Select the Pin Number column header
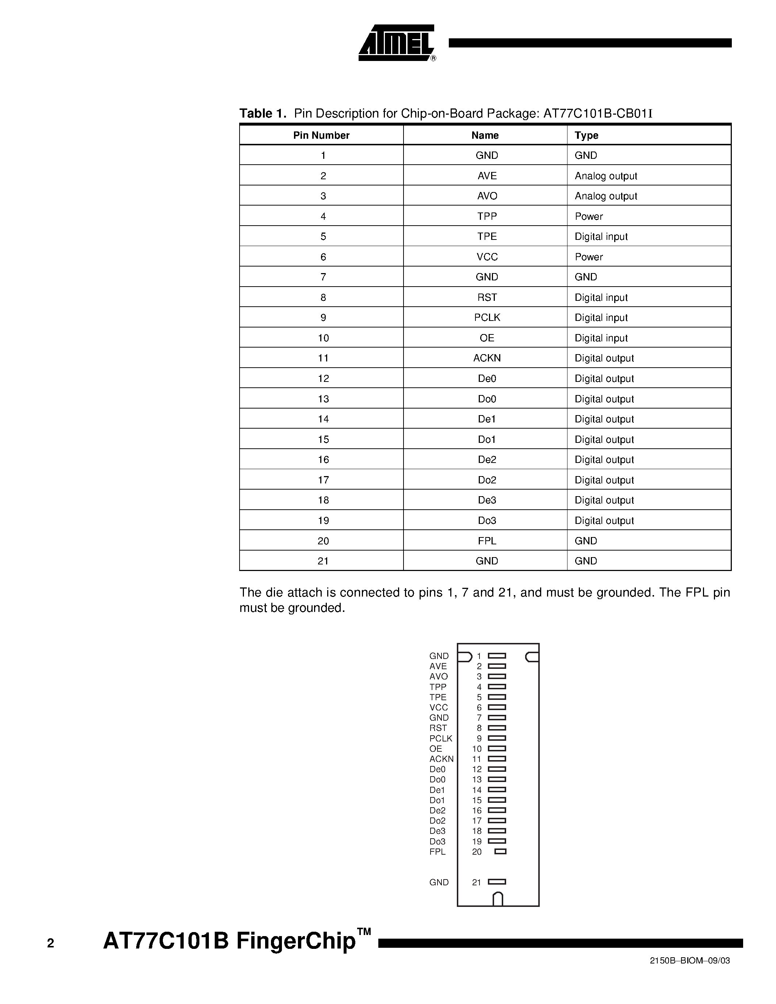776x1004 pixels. (x=321, y=135)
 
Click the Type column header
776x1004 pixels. (x=586, y=135)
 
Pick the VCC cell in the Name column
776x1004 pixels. (x=486, y=257)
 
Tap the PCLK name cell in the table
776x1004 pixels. (x=486, y=317)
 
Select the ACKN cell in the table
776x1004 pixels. (x=486, y=358)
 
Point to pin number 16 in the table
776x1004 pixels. (x=323, y=459)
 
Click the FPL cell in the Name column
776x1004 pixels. (x=486, y=541)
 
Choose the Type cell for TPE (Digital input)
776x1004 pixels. (x=601, y=236)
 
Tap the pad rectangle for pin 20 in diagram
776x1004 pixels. (x=500, y=851)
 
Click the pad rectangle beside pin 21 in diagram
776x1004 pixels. (x=497, y=882)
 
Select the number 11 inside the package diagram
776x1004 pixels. (x=477, y=759)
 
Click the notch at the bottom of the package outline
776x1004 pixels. (x=497, y=899)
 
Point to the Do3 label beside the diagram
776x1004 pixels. (x=437, y=841)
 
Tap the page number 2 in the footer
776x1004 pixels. (x=50, y=943)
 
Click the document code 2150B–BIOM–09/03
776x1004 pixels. (x=689, y=973)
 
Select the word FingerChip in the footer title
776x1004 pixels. (x=296, y=940)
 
